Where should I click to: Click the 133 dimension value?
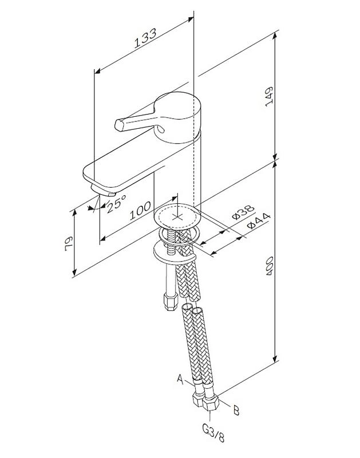[x=145, y=38]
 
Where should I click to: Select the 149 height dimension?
[x=268, y=96]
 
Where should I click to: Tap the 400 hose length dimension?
[x=270, y=266]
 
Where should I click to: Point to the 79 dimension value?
[x=69, y=243]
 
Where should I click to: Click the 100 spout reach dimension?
[x=140, y=210]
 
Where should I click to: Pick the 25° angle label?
[x=117, y=203]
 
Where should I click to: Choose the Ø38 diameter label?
[x=243, y=212]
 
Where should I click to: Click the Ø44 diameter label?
[x=258, y=222]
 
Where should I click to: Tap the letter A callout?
[x=180, y=380]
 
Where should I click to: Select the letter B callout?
[x=236, y=410]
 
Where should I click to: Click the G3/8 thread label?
[x=213, y=434]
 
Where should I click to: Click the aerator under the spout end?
[x=104, y=190]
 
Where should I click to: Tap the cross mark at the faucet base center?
[x=177, y=217]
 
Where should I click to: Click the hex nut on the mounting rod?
[x=171, y=301]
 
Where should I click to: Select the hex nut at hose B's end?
[x=211, y=403]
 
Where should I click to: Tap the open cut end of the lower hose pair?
[x=192, y=309]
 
